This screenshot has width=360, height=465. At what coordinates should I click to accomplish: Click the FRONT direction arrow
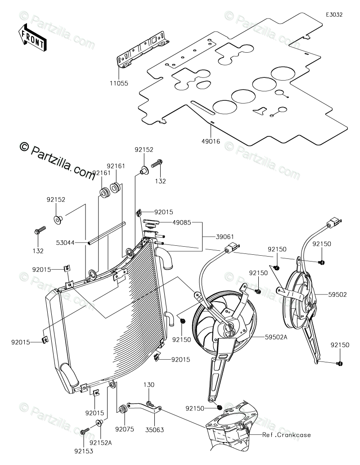click(31, 36)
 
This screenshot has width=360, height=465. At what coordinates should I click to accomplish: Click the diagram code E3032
click(334, 14)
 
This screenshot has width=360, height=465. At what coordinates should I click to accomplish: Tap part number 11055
click(119, 83)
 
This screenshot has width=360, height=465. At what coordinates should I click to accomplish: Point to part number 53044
click(66, 243)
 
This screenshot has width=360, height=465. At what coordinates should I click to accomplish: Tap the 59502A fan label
click(277, 337)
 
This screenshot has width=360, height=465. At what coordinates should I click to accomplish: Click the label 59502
click(337, 294)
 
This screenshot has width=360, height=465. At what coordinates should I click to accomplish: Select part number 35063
click(154, 429)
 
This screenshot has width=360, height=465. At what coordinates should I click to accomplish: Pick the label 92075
click(125, 429)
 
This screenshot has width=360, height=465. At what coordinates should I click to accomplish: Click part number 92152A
click(101, 443)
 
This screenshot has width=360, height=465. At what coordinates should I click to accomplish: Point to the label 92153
click(83, 451)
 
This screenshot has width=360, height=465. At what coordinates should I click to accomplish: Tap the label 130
click(149, 384)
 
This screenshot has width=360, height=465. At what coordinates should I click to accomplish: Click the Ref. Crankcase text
click(287, 435)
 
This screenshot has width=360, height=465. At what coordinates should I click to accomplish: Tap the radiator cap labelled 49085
click(151, 221)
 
